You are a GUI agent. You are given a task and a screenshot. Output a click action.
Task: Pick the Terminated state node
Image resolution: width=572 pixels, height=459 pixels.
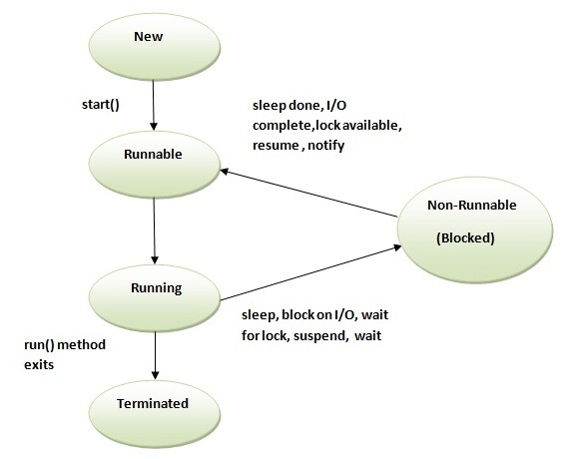click(154, 405)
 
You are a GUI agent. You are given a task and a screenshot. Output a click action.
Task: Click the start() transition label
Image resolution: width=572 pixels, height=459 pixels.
click(102, 102)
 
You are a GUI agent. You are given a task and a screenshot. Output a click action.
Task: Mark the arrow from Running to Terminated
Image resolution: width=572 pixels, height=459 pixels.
click(154, 353)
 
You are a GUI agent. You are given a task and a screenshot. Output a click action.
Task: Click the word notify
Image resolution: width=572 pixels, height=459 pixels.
click(328, 144)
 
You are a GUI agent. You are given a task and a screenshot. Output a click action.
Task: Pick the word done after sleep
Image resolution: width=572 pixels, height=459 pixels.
click(306, 108)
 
